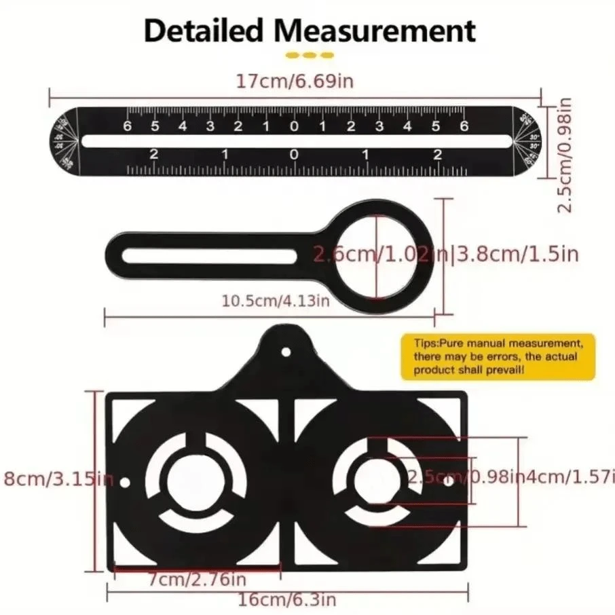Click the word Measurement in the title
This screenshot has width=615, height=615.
tap(378, 31)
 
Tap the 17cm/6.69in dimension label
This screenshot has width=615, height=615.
tap(295, 81)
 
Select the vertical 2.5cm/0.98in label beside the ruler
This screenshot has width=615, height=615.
tap(565, 155)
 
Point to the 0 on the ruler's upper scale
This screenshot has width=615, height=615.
tap(294, 126)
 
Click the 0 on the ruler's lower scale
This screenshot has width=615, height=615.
tap(294, 155)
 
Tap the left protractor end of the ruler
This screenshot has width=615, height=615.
tap(65, 141)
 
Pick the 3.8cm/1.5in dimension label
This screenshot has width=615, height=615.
tap(518, 254)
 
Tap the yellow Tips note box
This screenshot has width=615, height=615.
tap(498, 356)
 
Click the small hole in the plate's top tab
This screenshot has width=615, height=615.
tap(286, 352)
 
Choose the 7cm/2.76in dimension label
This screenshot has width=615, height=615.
tap(197, 580)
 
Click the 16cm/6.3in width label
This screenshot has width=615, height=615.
tap(286, 600)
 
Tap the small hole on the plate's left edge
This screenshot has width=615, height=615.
tap(124, 483)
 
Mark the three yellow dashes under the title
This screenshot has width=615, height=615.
tap(309, 55)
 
